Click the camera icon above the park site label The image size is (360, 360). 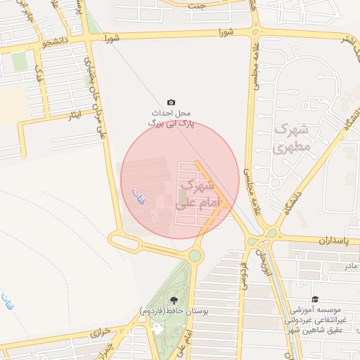point(172,102)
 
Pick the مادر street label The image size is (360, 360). point(350,266)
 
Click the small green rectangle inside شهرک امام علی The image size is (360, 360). point(184,196)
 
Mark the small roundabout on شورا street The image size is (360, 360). point(255,31)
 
